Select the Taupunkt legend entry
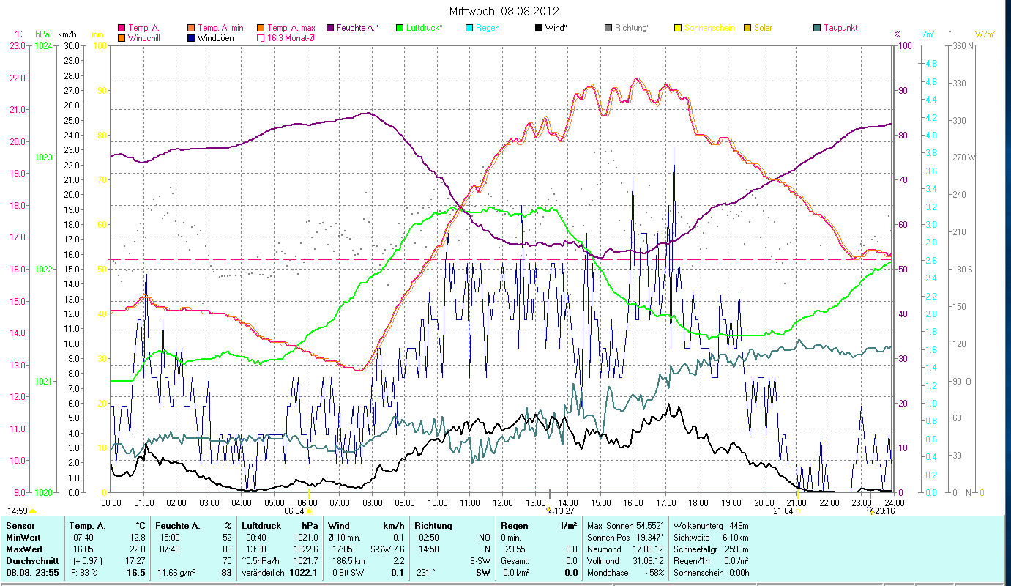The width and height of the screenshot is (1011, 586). point(835,28)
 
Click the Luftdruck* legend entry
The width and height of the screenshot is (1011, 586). point(419,28)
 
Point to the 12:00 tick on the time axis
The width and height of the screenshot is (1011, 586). point(503,502)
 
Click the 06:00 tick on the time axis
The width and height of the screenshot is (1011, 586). point(307,502)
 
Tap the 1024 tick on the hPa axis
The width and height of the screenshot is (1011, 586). point(44,45)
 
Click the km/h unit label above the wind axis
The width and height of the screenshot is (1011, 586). point(67,34)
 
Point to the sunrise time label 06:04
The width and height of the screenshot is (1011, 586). point(294,511)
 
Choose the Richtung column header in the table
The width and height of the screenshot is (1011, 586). point(433,526)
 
